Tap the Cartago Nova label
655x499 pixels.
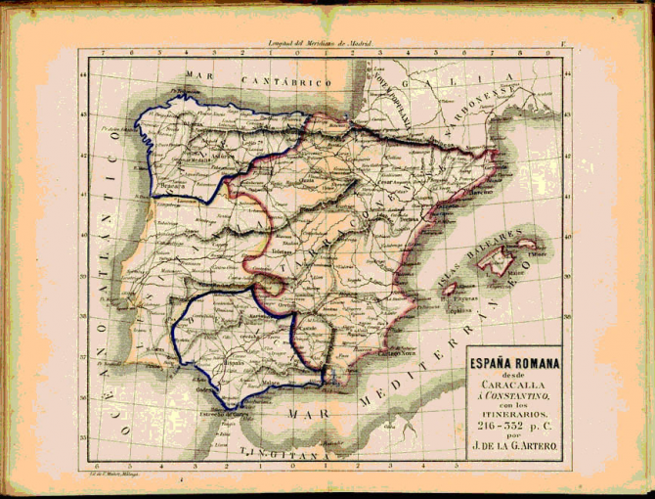pos(393,350)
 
